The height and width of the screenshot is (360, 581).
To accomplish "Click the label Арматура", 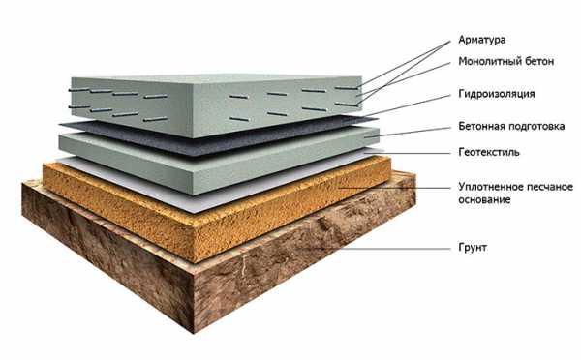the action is tap(481, 40).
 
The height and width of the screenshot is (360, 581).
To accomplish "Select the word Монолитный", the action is tap(489, 61).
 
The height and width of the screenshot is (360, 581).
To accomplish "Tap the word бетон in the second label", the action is tap(539, 61).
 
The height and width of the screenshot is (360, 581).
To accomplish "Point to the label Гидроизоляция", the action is tap(497, 94).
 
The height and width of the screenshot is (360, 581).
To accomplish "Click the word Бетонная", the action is tap(481, 126).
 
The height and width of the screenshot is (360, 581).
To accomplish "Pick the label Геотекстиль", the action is tap(489, 152).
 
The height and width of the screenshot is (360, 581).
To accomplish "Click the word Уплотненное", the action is tap(491, 187).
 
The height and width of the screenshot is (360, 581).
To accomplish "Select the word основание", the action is tap(484, 200).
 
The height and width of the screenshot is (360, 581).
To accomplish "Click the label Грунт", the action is tap(473, 248).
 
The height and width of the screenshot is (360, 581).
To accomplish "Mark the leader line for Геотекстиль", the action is tap(408, 152).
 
